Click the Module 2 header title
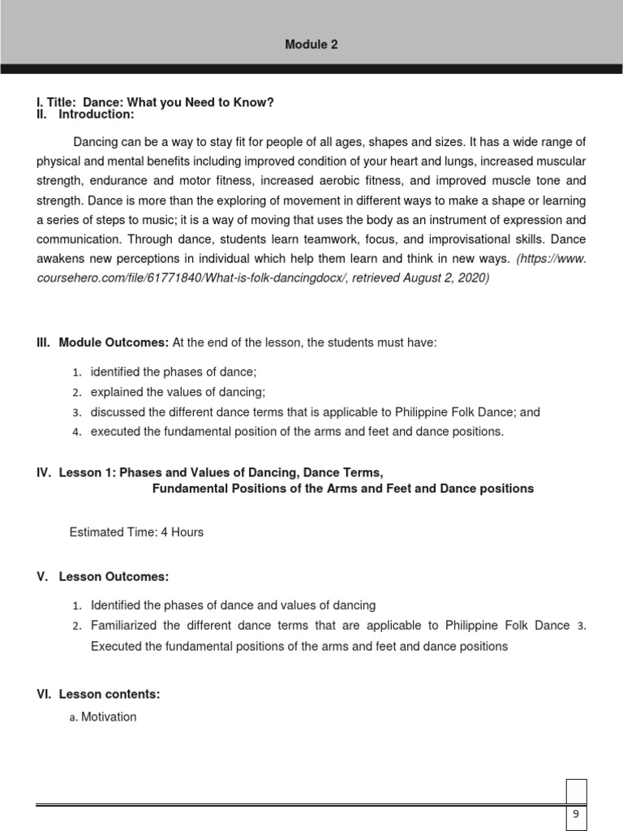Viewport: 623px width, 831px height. click(311, 45)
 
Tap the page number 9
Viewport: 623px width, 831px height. click(574, 815)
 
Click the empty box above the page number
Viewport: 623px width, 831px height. click(575, 791)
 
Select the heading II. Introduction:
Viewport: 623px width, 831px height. click(91, 114)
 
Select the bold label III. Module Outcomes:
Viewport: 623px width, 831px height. click(102, 343)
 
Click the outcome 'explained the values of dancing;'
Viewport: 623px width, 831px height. click(178, 392)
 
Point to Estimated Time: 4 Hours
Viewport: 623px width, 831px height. click(136, 532)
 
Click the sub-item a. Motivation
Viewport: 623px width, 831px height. click(103, 717)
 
